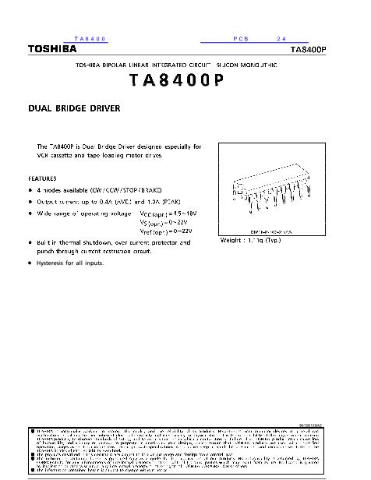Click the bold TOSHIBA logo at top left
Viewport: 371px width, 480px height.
pos(52,48)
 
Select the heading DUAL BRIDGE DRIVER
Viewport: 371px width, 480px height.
pos(74,109)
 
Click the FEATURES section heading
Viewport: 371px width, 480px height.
pos(42,178)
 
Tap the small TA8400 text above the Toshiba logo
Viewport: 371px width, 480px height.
pos(90,38)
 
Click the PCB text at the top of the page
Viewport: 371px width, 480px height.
pos(240,38)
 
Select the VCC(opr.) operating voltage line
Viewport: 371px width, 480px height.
pos(168,213)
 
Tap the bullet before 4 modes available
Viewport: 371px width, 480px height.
pos(30,189)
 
